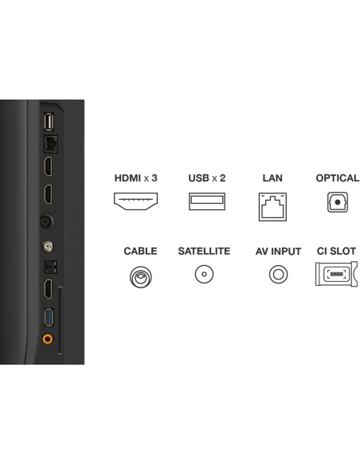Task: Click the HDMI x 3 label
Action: (x=136, y=178)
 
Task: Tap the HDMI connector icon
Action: (x=136, y=201)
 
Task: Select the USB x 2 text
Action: (x=207, y=178)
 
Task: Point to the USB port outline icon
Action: (x=207, y=201)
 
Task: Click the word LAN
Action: (x=272, y=178)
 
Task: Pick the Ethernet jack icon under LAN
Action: (x=272, y=207)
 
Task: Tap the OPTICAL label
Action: (x=338, y=178)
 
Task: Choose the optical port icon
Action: (x=338, y=202)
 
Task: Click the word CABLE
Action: (x=140, y=251)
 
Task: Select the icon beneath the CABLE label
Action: (x=140, y=277)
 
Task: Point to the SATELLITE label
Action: (x=204, y=251)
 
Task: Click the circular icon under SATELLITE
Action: (x=204, y=274)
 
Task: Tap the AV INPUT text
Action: (x=278, y=251)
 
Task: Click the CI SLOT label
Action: (x=336, y=251)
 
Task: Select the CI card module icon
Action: (x=336, y=274)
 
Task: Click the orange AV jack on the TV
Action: (x=48, y=338)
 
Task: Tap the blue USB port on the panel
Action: (x=49, y=318)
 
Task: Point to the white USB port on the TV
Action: (x=49, y=122)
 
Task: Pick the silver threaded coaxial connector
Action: (x=48, y=246)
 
